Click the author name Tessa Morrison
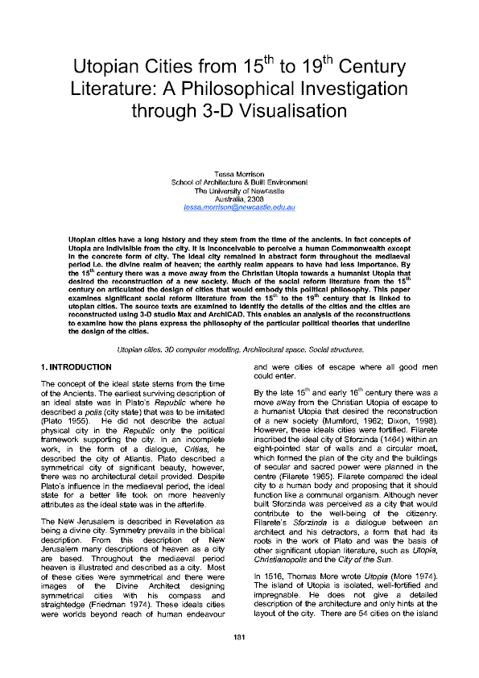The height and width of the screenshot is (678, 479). click(240, 175)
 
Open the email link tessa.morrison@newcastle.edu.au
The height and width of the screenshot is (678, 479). click(240, 207)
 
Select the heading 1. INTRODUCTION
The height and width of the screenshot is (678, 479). click(76, 390)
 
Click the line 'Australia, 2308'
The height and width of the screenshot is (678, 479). click(240, 199)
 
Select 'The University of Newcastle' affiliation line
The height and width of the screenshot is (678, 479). click(240, 191)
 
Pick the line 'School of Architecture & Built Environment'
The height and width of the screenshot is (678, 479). click(240, 183)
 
